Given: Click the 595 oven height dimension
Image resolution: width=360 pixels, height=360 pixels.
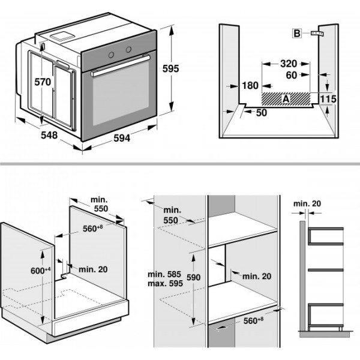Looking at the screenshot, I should point(170,69).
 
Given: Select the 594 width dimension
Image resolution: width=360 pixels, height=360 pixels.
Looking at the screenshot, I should point(121,138).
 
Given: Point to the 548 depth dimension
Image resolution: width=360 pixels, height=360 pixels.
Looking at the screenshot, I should point(49,136).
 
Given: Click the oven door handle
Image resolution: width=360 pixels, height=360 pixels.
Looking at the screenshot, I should point(120,65).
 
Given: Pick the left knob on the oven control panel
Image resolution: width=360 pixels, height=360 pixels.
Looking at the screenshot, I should point(111,53).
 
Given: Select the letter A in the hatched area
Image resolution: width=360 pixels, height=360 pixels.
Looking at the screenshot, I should point(286,97).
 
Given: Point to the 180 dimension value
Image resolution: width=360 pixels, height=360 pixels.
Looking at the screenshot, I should point(250,86).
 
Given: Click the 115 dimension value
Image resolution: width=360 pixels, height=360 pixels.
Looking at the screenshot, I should point(328,98).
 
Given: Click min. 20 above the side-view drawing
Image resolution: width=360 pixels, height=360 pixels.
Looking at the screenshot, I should point(307,204).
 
